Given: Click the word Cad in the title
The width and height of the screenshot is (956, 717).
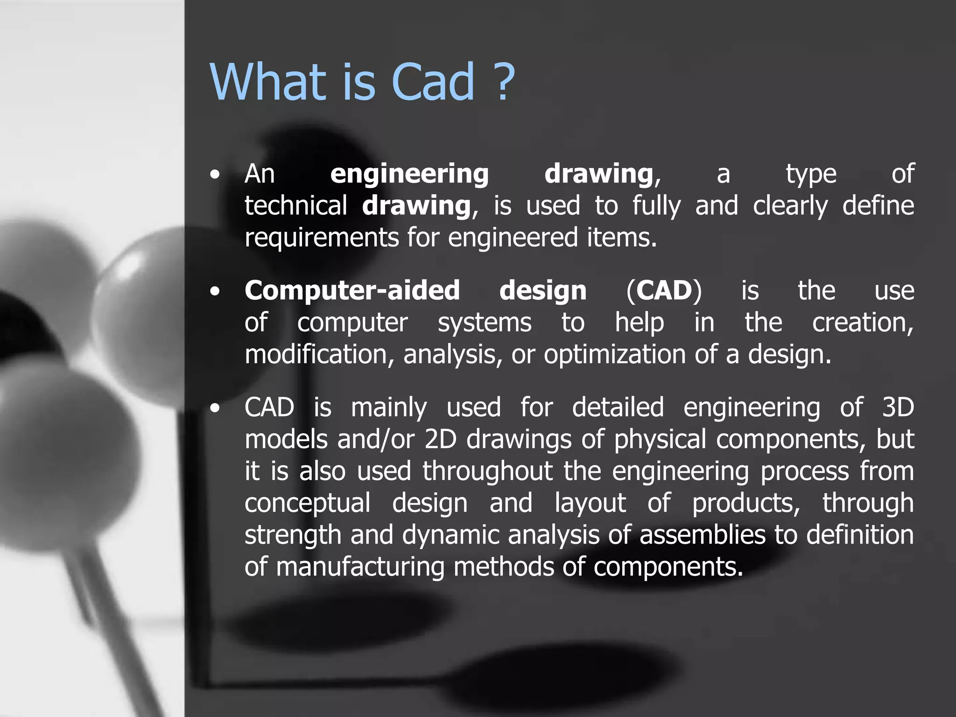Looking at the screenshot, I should pos(433,82).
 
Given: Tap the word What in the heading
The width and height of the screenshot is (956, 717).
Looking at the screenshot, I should pos(267,82).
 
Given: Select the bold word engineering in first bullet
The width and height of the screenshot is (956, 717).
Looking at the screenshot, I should pos(409,175).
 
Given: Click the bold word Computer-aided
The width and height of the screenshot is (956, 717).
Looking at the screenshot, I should pos(352,290).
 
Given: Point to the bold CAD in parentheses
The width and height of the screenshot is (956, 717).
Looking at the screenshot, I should pos(664,290).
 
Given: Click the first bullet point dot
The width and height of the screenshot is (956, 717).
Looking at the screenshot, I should pos(214,175).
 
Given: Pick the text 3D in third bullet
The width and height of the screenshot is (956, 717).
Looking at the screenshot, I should pos(898,408).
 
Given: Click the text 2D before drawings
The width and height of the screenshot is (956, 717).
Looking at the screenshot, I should pos(440,440).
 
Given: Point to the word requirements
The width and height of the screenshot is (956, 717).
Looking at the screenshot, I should pos(322,238).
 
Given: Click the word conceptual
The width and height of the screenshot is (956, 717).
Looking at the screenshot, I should pos(308,504).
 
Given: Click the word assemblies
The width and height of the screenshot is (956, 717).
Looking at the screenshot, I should pos(702,535).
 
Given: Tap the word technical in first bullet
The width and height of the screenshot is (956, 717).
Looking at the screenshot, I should pos(296,206).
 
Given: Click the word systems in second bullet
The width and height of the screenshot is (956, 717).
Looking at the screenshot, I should pos(485,323).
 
